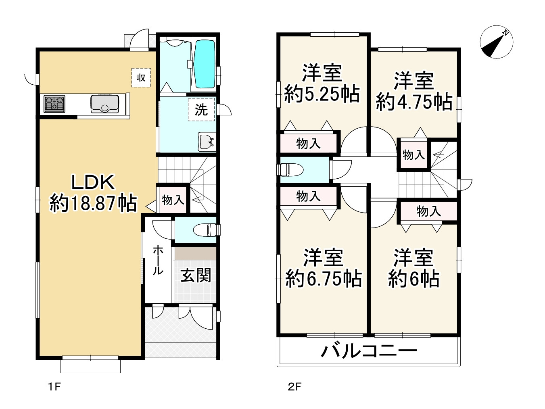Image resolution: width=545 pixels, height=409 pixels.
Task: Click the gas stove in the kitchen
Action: pyautogui.click(x=54, y=104)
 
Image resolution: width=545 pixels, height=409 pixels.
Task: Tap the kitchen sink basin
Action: pyautogui.click(x=105, y=104)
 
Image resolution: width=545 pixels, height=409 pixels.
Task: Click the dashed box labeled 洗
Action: pyautogui.click(x=201, y=109)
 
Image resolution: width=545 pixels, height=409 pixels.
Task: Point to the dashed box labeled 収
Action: pyautogui.click(x=141, y=78)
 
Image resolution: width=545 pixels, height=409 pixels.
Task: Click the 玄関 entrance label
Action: pyautogui.click(x=196, y=275)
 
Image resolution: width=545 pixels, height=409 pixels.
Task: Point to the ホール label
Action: pyautogui.click(x=158, y=260)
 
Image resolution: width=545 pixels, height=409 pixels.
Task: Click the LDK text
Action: pyautogui.click(x=93, y=182)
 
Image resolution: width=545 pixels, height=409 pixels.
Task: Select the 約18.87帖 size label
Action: pyautogui.click(x=93, y=203)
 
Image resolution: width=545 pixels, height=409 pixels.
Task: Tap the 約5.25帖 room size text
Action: pyautogui.click(x=322, y=94)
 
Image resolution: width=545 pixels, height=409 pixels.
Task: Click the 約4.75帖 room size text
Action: pyautogui.click(x=414, y=102)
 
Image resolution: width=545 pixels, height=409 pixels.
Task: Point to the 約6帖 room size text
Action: pyautogui.click(x=413, y=279)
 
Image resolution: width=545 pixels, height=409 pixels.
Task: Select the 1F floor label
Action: pyautogui.click(x=54, y=386)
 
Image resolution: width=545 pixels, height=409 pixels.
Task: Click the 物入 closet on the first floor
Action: pyautogui.click(x=173, y=200)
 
